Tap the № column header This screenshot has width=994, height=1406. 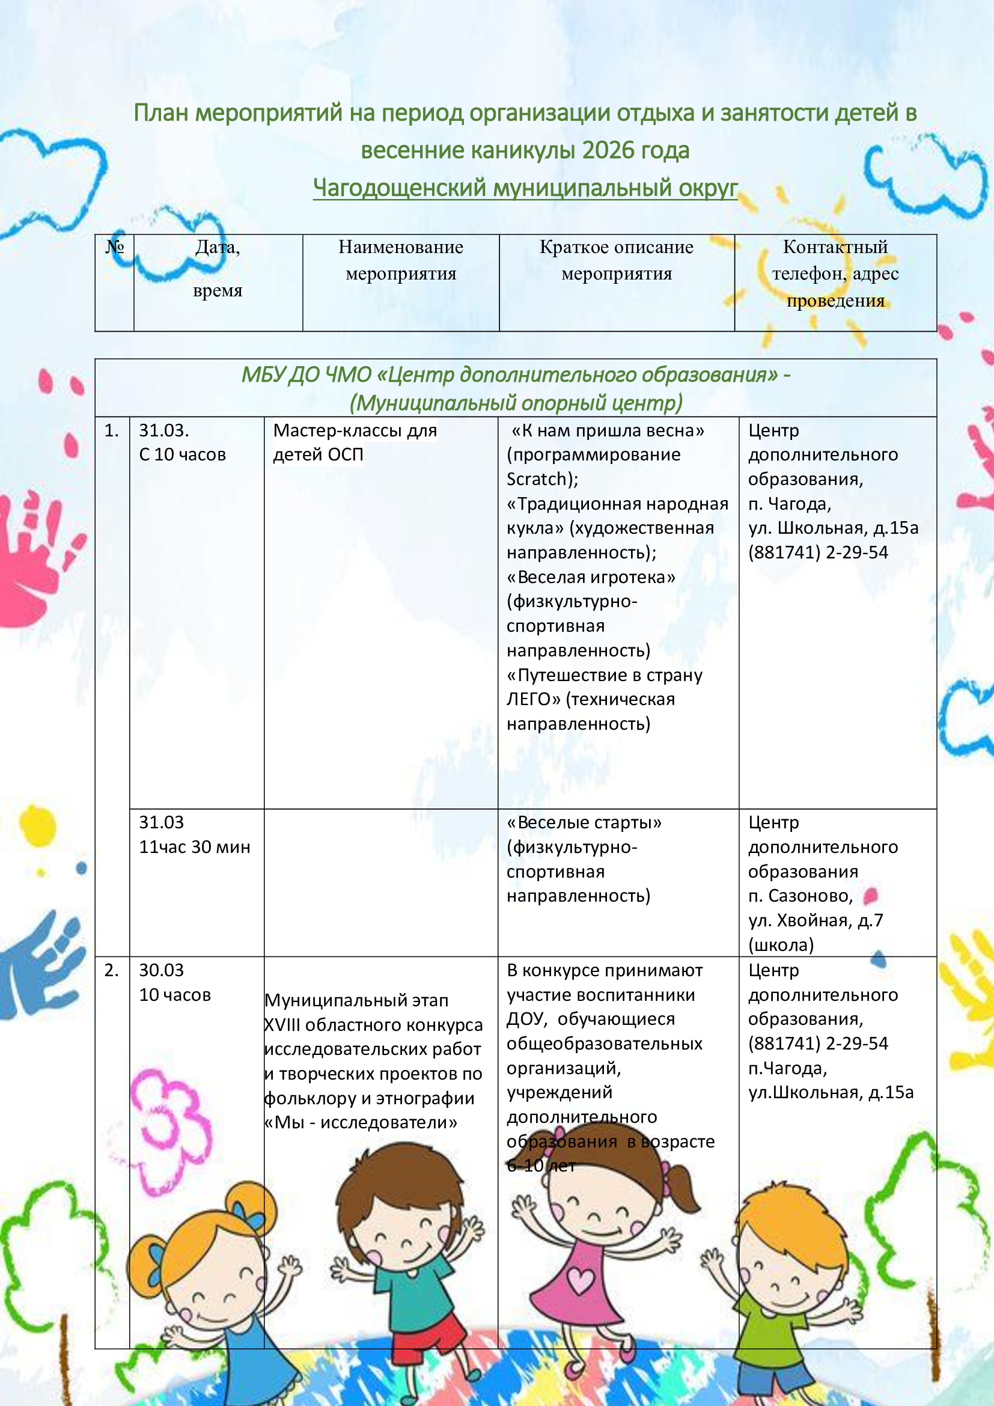(114, 247)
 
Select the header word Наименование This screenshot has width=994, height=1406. (401, 247)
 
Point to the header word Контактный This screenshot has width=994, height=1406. (835, 247)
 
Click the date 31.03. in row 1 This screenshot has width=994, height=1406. (163, 430)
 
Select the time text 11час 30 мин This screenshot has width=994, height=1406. (195, 847)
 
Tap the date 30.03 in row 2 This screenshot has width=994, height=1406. (161, 970)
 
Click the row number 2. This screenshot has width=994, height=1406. (111, 970)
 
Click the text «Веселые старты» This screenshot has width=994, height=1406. (584, 822)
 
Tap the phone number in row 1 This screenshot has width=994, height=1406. (818, 552)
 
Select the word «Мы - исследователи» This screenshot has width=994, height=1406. (361, 1122)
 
